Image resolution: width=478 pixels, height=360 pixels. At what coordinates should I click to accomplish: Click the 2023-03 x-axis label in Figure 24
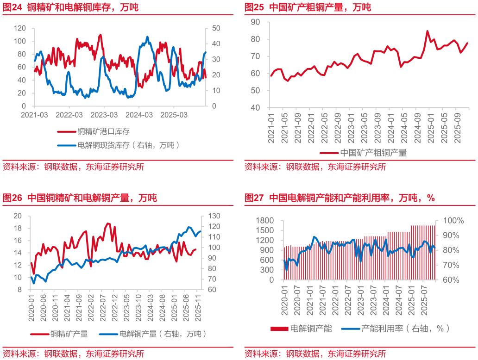pos(104,115)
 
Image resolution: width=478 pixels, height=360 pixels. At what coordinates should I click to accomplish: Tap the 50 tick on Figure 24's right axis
pos(209,28)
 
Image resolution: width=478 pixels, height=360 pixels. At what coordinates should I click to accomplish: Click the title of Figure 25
pos(308,7)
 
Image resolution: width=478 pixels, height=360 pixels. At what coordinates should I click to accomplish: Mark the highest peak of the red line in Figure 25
pos(427,31)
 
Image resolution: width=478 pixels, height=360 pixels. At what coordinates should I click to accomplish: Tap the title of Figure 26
pos(80,198)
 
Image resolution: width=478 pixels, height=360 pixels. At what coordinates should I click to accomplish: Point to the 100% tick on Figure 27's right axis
pos(453,221)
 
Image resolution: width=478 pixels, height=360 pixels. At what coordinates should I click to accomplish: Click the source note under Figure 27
pos(315,354)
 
